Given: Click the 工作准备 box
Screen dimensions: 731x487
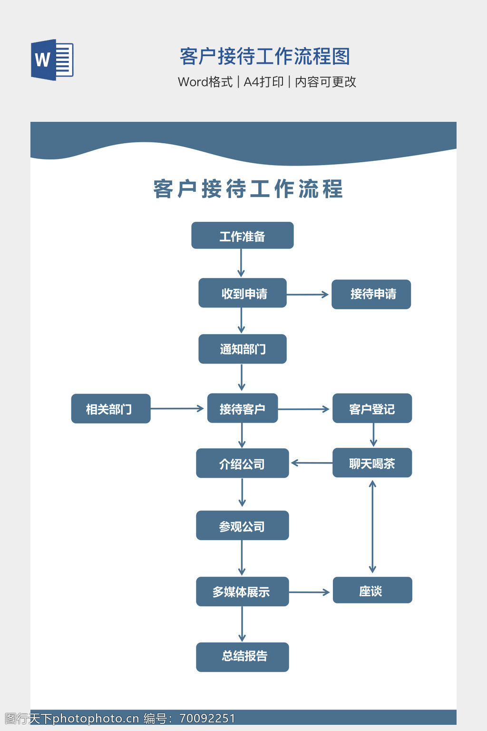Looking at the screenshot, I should point(242,236).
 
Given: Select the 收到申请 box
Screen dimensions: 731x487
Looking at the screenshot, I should point(242,293).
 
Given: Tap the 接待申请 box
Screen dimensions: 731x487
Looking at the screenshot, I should point(371,294).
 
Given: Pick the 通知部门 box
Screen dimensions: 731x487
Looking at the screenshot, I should point(242,349).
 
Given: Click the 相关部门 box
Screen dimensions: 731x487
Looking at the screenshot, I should point(110,408).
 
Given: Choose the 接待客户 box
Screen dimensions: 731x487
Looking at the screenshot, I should point(242,408).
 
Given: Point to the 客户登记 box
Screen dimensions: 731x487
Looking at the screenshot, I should point(372,408).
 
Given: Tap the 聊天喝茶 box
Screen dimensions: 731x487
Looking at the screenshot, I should point(372,463).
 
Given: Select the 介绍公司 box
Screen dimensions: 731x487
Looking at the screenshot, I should point(242,463).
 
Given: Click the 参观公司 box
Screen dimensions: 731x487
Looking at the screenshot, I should point(242,525).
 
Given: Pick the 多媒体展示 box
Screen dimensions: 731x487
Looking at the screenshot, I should point(242,592).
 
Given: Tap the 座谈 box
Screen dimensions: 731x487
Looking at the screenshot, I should point(372,590).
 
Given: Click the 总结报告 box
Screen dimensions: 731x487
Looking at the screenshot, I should point(242,657).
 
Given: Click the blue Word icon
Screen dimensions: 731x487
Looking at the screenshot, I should point(52,59).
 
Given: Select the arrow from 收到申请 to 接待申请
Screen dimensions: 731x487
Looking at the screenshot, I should point(308,295).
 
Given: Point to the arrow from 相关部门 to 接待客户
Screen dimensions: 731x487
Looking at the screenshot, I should point(177,408).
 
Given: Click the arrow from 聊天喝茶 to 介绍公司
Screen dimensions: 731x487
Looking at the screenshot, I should point(312,463).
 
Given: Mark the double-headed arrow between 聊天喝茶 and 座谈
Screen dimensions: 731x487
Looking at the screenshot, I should point(372,526).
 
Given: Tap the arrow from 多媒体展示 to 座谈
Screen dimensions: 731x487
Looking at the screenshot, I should point(310,592).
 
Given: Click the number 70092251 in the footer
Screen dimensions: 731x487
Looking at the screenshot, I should point(207,719).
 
